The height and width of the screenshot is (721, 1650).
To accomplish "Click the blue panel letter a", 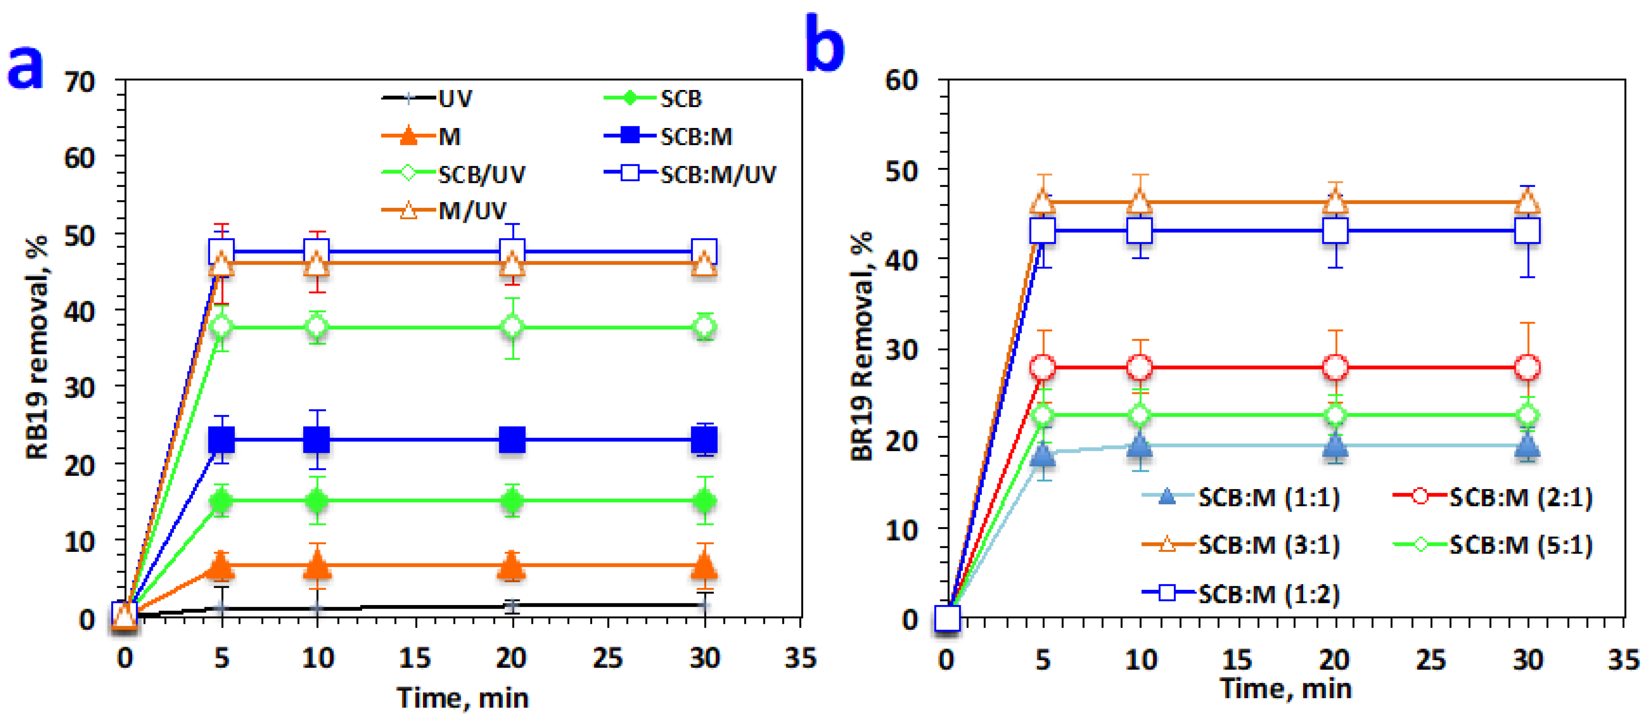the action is click(x=26, y=67).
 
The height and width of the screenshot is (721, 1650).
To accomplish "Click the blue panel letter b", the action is click(x=825, y=42).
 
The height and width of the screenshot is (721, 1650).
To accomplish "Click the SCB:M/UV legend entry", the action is click(x=690, y=174).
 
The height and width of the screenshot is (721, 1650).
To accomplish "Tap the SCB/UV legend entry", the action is click(x=453, y=174).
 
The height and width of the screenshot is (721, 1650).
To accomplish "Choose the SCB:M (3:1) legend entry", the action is click(x=1241, y=545).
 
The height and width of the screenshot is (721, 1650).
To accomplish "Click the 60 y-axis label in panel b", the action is click(x=901, y=81).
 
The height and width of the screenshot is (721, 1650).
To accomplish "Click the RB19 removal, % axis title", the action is click(x=37, y=348).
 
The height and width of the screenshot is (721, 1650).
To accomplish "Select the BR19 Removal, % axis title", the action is click(x=862, y=346).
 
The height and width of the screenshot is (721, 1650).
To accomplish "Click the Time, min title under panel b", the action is click(x=1286, y=688).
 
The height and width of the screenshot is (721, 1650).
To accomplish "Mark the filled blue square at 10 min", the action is click(x=316, y=440).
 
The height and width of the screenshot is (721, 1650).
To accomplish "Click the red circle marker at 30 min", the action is click(x=1528, y=367).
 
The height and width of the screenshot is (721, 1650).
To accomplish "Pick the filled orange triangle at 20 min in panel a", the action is click(x=511, y=566).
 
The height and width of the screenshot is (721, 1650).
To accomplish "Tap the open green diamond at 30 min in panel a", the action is click(x=705, y=327).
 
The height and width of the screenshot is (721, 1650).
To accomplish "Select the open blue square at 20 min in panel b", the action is click(x=1335, y=230).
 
